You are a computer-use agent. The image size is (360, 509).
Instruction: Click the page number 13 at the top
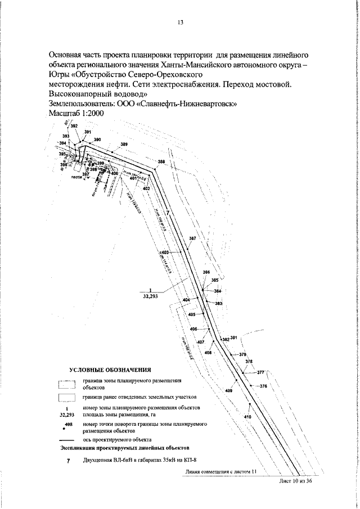[x=181, y=22]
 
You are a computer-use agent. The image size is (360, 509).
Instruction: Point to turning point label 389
[x=124, y=145]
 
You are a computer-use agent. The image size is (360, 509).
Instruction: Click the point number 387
[x=192, y=239]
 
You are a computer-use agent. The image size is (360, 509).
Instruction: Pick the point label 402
[x=146, y=188]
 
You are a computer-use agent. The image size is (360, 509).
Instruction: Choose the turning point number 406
[x=193, y=329]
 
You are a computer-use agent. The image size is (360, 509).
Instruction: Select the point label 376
[x=263, y=386]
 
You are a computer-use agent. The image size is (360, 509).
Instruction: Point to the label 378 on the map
[x=249, y=362]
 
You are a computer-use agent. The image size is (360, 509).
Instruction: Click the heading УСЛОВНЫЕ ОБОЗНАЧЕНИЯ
[x=110, y=370]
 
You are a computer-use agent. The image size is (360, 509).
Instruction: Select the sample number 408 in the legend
[x=69, y=424]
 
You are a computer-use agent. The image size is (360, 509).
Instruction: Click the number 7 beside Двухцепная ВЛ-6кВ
[x=67, y=461]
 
